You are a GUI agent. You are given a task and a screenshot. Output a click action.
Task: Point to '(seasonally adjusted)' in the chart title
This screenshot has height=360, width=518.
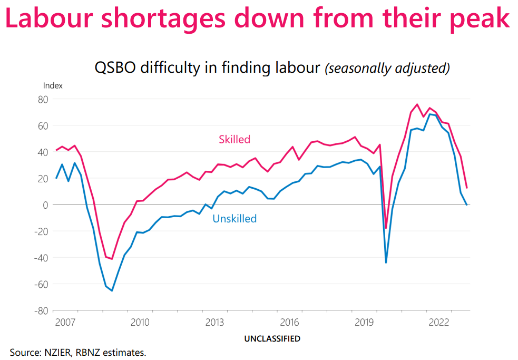(387, 69)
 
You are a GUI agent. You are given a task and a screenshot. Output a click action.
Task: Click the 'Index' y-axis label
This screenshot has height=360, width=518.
(53, 85)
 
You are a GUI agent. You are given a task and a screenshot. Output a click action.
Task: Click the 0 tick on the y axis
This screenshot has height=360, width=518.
(46, 205)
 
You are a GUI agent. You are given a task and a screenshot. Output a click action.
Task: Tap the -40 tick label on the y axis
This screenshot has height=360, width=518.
(41, 257)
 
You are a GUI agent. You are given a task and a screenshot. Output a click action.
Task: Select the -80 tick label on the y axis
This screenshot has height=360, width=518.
(41, 310)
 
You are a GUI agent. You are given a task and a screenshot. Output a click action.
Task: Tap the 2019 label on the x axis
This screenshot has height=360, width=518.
(365, 322)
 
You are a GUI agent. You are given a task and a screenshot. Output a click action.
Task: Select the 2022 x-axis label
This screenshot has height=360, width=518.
(439, 322)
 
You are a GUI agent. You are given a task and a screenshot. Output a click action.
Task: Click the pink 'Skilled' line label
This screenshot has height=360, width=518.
(234, 140)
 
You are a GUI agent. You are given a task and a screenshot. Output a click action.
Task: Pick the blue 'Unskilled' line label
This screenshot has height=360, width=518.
(234, 218)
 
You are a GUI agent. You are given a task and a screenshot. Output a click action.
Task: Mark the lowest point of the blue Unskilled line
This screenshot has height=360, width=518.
(112, 290)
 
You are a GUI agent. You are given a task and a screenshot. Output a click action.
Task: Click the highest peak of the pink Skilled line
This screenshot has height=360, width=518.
(417, 104)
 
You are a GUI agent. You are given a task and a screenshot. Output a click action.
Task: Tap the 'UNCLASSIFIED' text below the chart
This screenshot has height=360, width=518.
(272, 338)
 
